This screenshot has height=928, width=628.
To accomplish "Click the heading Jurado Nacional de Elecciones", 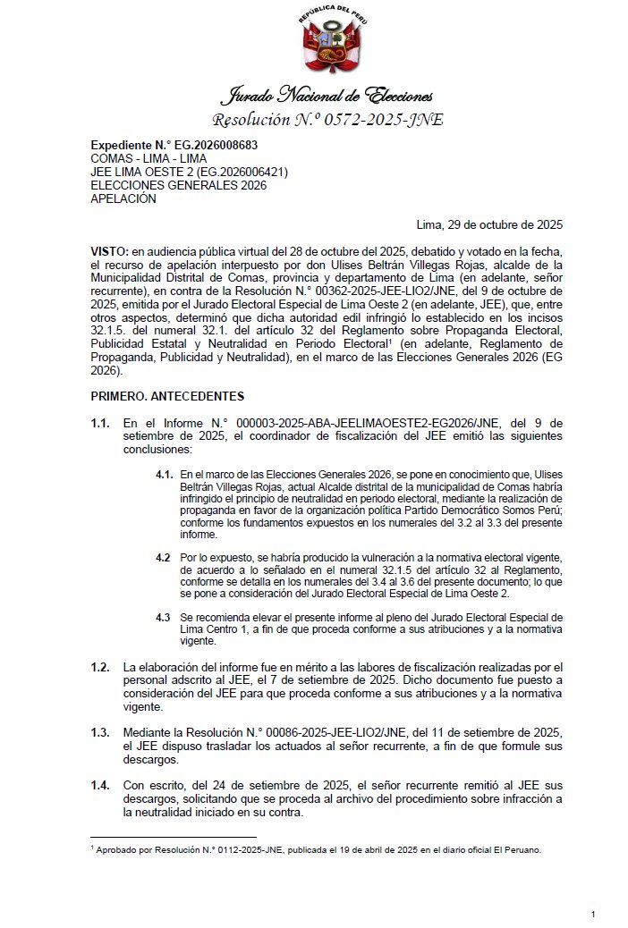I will tap(327, 95).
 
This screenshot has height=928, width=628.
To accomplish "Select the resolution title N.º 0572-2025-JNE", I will tap(327, 120).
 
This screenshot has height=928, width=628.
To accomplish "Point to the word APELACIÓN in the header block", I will tap(123, 199).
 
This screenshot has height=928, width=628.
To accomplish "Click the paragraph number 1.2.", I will tap(101, 667).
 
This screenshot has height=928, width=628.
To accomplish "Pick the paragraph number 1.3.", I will tap(101, 732).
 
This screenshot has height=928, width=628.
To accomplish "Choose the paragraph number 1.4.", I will tap(101, 785).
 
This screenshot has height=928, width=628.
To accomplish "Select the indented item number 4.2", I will tap(163, 557).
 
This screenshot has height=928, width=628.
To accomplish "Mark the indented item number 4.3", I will tap(163, 617).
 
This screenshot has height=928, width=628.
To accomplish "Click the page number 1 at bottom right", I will tap(594, 914).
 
